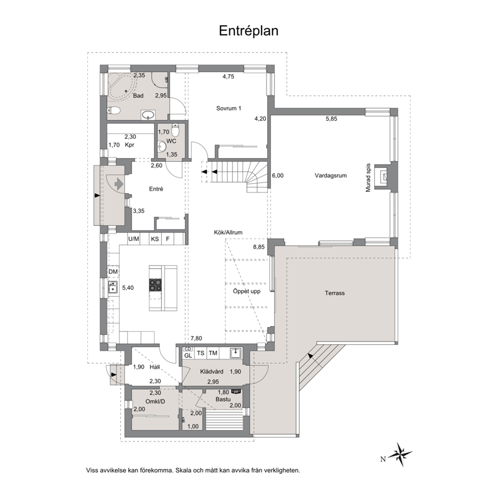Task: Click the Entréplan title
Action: tap(248, 31)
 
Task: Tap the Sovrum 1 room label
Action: tap(228, 108)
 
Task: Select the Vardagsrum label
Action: tap(330, 176)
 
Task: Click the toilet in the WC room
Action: tap(176, 129)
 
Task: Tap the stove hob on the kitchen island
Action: tap(155, 285)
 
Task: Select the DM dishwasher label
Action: tap(113, 272)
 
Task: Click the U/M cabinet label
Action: tap(134, 238)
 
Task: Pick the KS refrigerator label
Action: tap(155, 238)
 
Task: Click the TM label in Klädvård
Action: tap(213, 353)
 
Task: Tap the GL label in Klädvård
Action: tap(188, 356)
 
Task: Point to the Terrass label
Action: tap(335, 293)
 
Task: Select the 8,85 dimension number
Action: tap(259, 246)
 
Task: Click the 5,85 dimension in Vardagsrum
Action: tap(331, 119)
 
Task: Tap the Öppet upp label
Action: tap(246, 291)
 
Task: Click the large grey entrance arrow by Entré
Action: tap(119, 184)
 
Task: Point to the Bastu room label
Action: tap(223, 399)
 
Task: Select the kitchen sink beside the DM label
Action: tap(113, 287)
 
